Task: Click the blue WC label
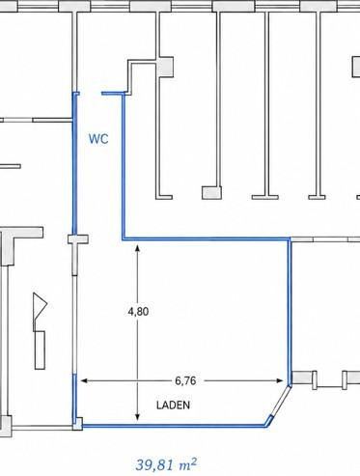tap(98, 139)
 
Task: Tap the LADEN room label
tap(173, 405)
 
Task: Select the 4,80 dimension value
tap(138, 312)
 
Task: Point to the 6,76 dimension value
tap(185, 381)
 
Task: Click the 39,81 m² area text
tap(166, 464)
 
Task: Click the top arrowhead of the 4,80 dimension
tap(137, 248)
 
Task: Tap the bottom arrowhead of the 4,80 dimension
tap(137, 417)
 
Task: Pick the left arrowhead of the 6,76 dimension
tap(84, 381)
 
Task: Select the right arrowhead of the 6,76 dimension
tap(279, 381)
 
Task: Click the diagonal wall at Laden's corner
tap(279, 405)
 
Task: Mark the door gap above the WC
tap(91, 94)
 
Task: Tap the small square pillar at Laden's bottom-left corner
tap(77, 424)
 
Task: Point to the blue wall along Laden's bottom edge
tap(174, 426)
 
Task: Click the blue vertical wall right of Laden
tap(290, 311)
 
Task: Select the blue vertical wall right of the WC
tap(123, 166)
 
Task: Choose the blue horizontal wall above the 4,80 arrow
tap(206, 238)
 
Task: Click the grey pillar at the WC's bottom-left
tap(78, 239)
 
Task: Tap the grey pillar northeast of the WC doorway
tap(166, 67)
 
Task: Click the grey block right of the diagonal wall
tap(302, 378)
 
